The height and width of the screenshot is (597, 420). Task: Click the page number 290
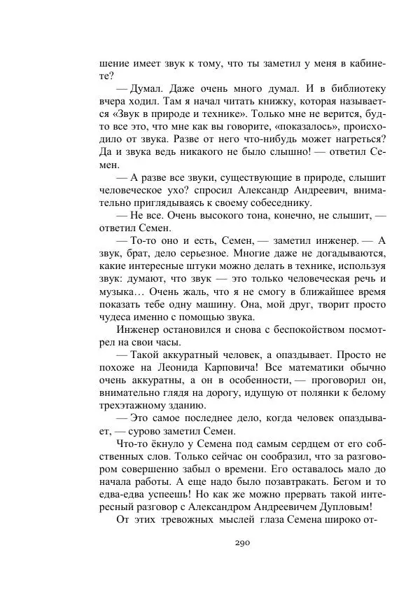(x=243, y=543)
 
